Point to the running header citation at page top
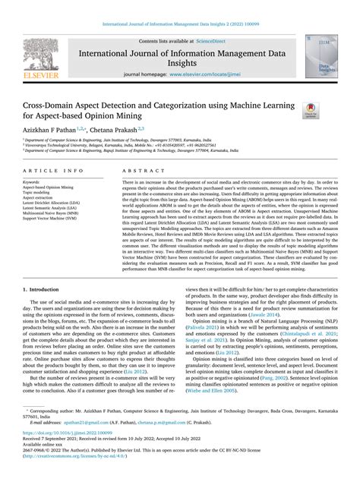pos(180,6)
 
